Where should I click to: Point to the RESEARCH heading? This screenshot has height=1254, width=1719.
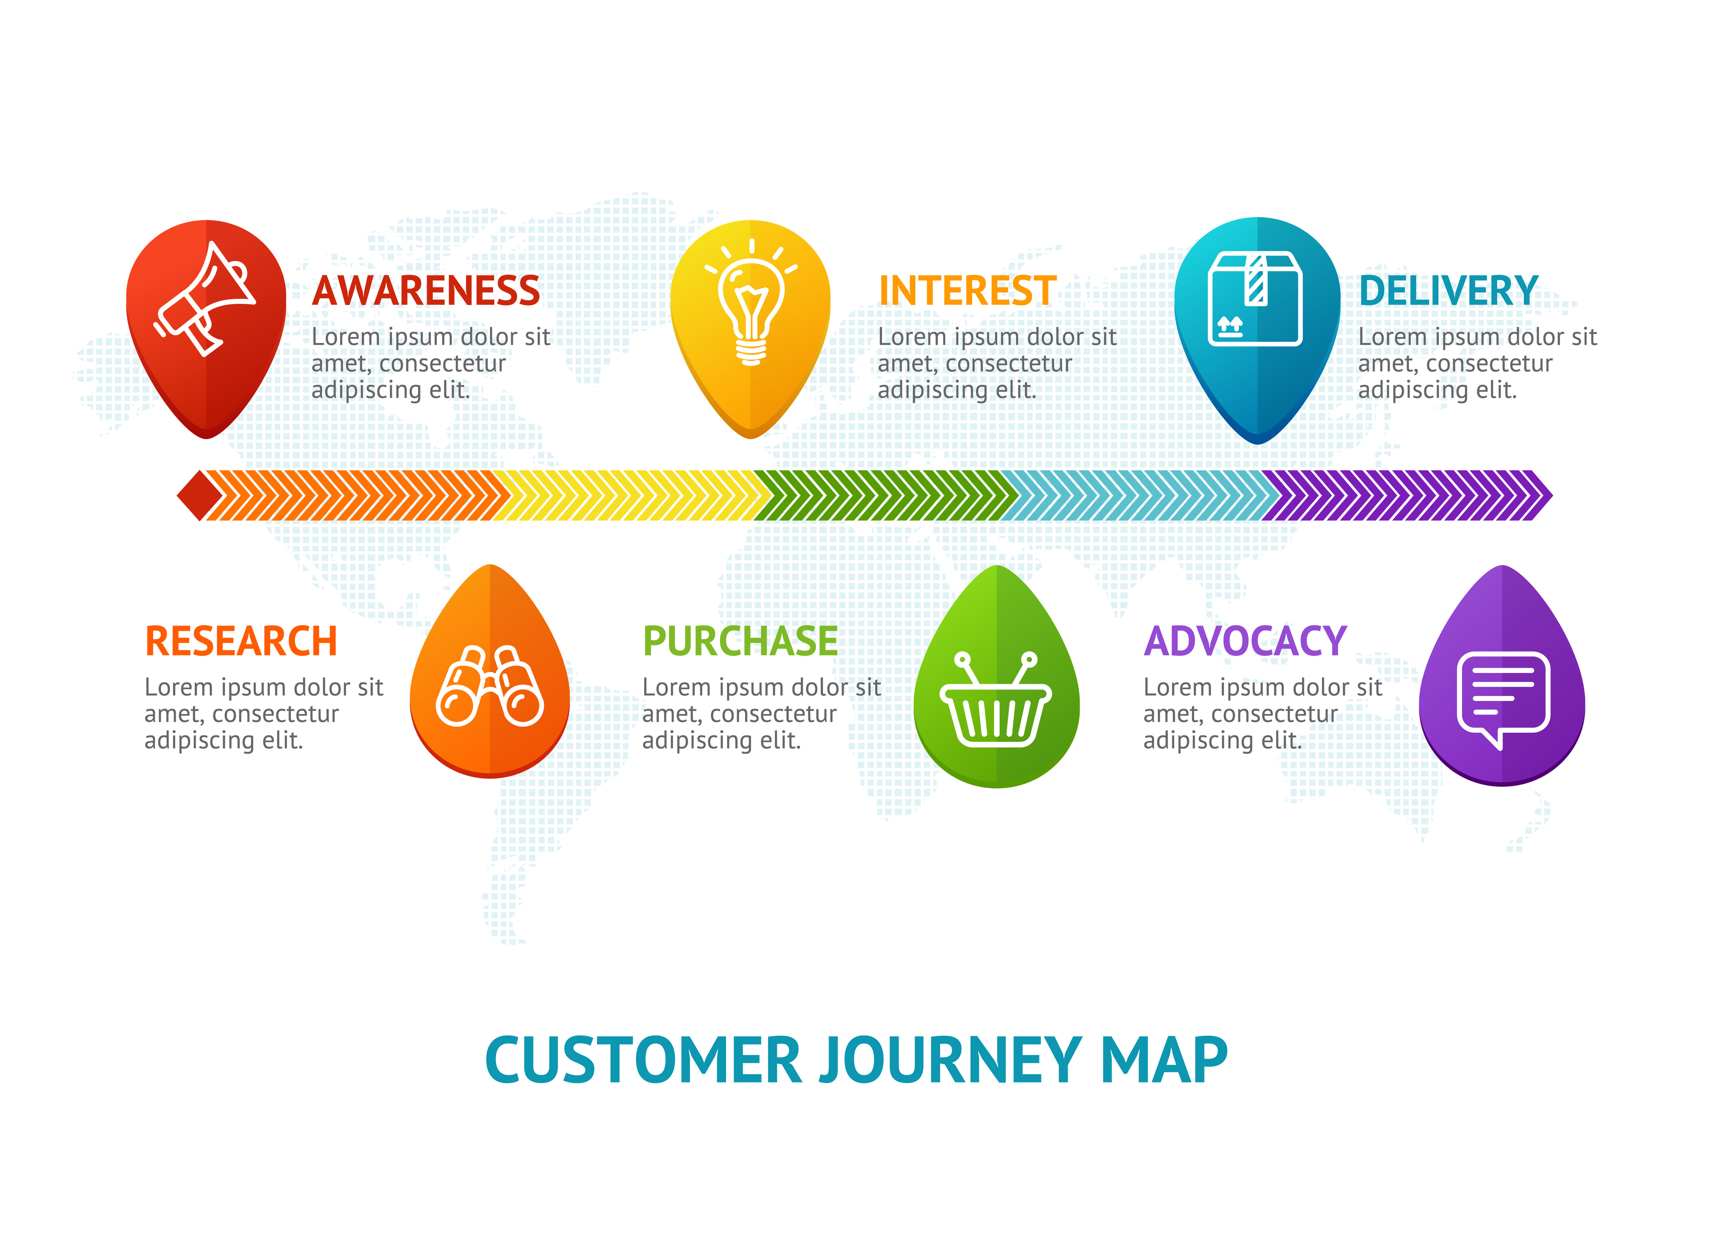coord(241,641)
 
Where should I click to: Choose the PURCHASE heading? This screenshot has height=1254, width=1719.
coord(740,641)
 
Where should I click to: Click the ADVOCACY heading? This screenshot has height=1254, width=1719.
coord(1245,641)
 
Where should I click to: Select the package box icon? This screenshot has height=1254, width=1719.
coord(1255,298)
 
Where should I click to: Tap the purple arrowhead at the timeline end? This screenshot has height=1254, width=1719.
coord(1540,496)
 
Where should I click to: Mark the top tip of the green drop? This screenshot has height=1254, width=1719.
coord(997,566)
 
